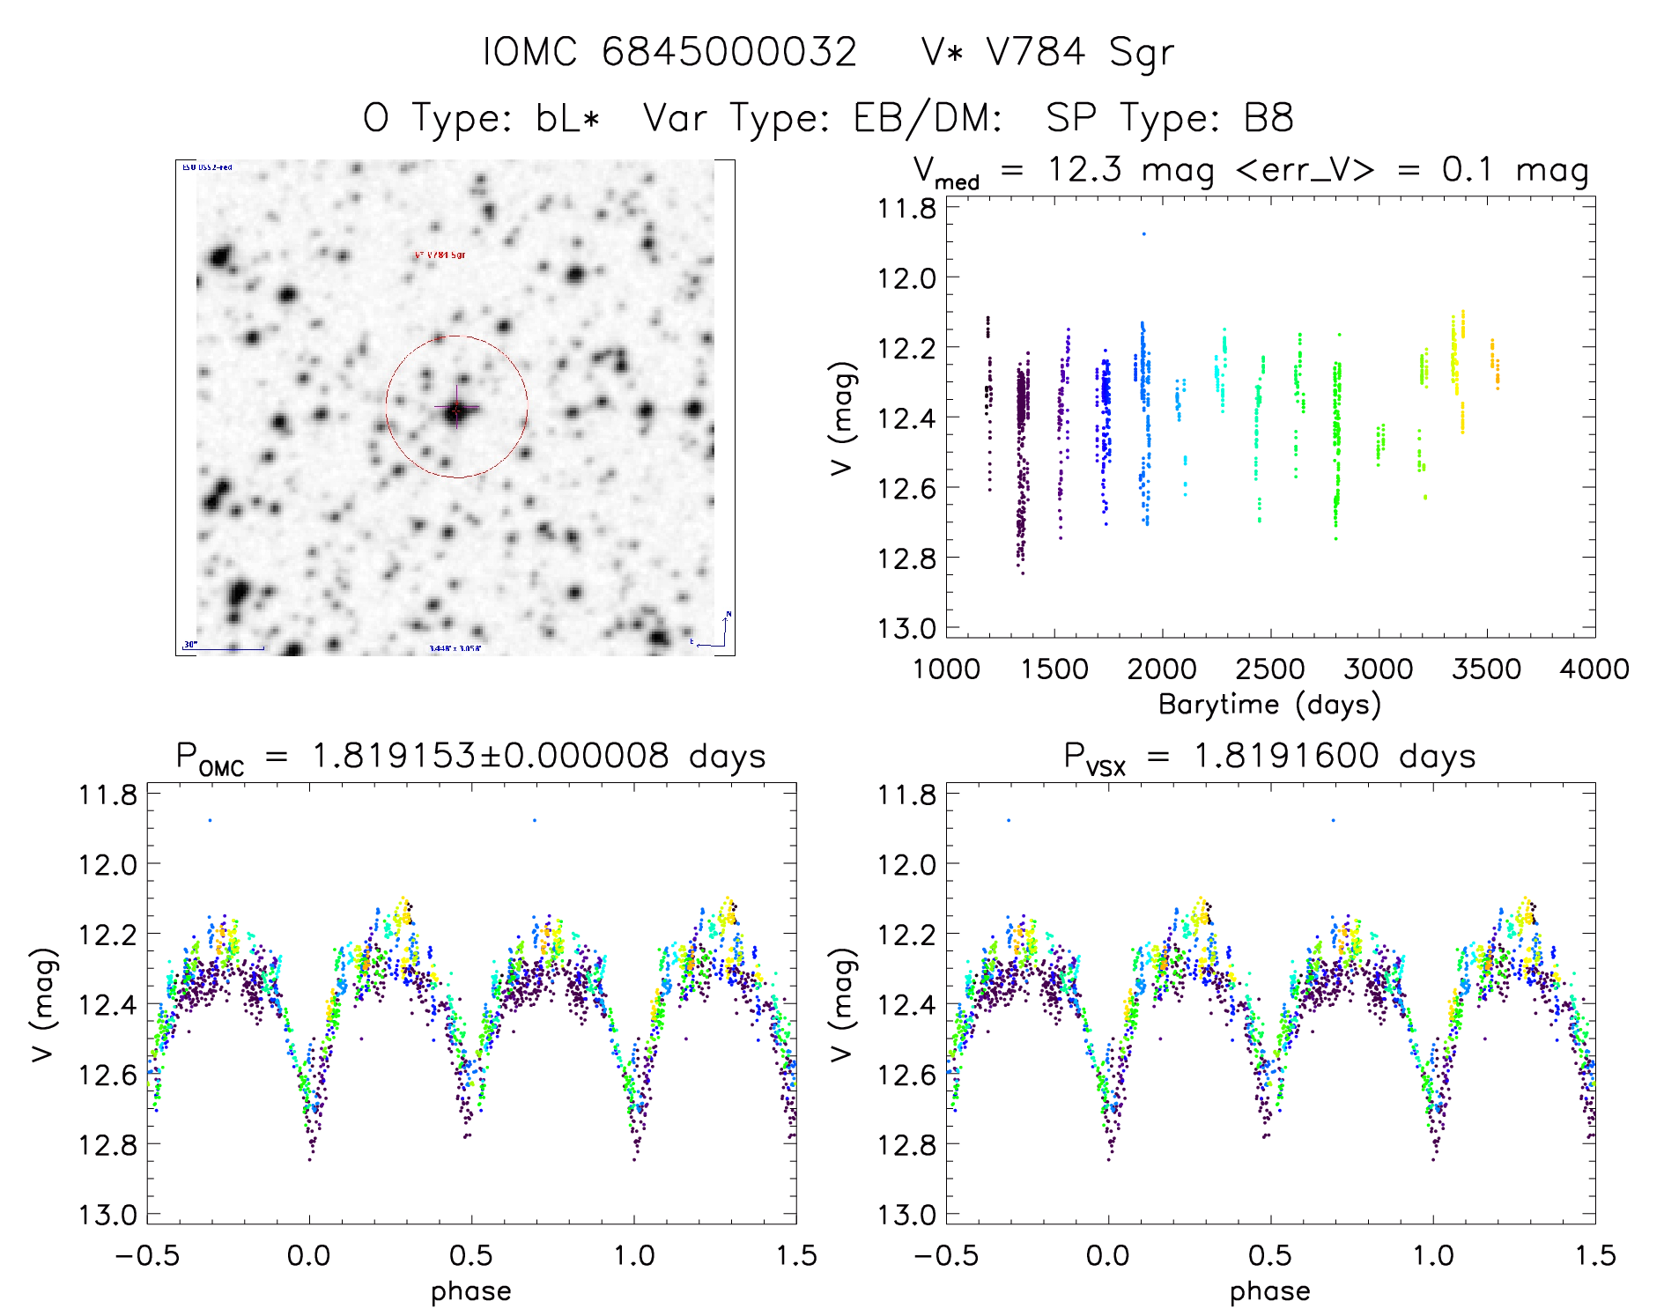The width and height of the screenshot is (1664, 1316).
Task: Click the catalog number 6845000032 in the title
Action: tap(728, 52)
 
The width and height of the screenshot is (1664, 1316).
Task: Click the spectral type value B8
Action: tap(1268, 118)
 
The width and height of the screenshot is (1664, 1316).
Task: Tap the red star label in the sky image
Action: tap(440, 255)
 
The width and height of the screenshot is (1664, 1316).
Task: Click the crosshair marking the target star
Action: tap(456, 410)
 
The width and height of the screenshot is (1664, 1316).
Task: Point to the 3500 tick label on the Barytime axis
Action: tap(1486, 669)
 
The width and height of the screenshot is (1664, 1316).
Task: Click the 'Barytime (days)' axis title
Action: tap(1269, 705)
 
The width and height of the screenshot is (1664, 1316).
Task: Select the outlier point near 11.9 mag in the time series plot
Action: tap(1144, 234)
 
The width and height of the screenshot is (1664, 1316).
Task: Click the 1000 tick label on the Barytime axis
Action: tap(946, 669)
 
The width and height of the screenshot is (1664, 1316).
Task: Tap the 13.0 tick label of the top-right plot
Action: tap(906, 628)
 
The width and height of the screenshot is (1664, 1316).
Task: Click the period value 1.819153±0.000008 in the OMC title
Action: tap(491, 757)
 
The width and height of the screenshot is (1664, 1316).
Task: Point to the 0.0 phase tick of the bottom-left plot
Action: tap(309, 1256)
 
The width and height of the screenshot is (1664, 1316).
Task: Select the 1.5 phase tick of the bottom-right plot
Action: tap(1595, 1256)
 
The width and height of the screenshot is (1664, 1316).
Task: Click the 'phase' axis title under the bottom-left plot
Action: tap(471, 1291)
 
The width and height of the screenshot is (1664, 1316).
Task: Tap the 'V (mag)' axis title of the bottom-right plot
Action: tap(843, 1004)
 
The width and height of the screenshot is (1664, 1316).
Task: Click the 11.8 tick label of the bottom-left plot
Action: tap(107, 795)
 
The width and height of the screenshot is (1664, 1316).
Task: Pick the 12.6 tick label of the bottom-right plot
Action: tap(906, 1075)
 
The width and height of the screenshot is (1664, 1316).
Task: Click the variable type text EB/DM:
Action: tap(928, 118)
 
